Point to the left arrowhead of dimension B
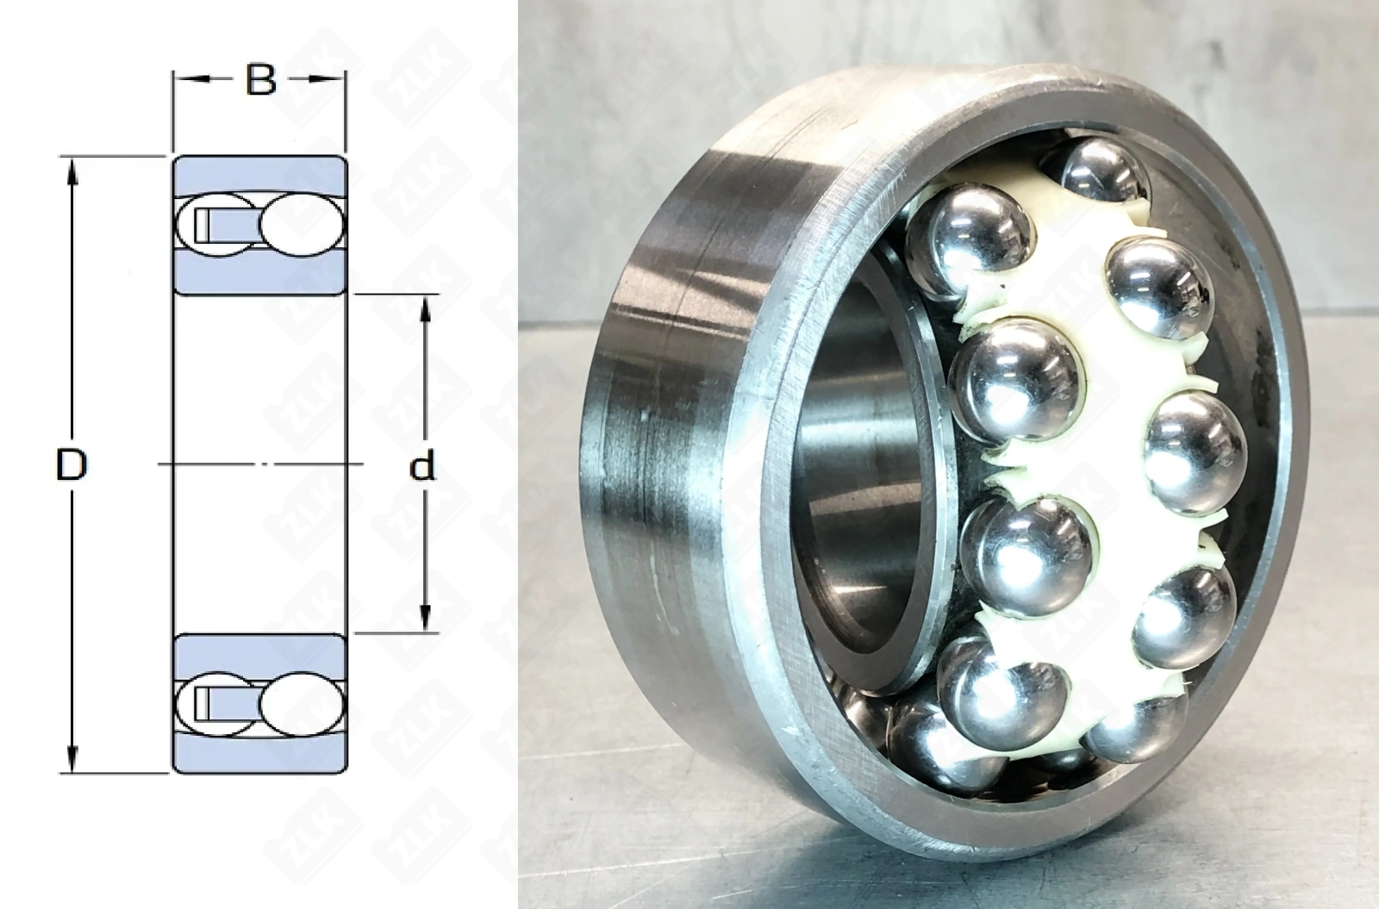pos(184,78)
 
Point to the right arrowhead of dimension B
pos(334,78)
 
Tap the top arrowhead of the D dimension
pos(72,171)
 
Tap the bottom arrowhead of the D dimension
pos(72,758)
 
